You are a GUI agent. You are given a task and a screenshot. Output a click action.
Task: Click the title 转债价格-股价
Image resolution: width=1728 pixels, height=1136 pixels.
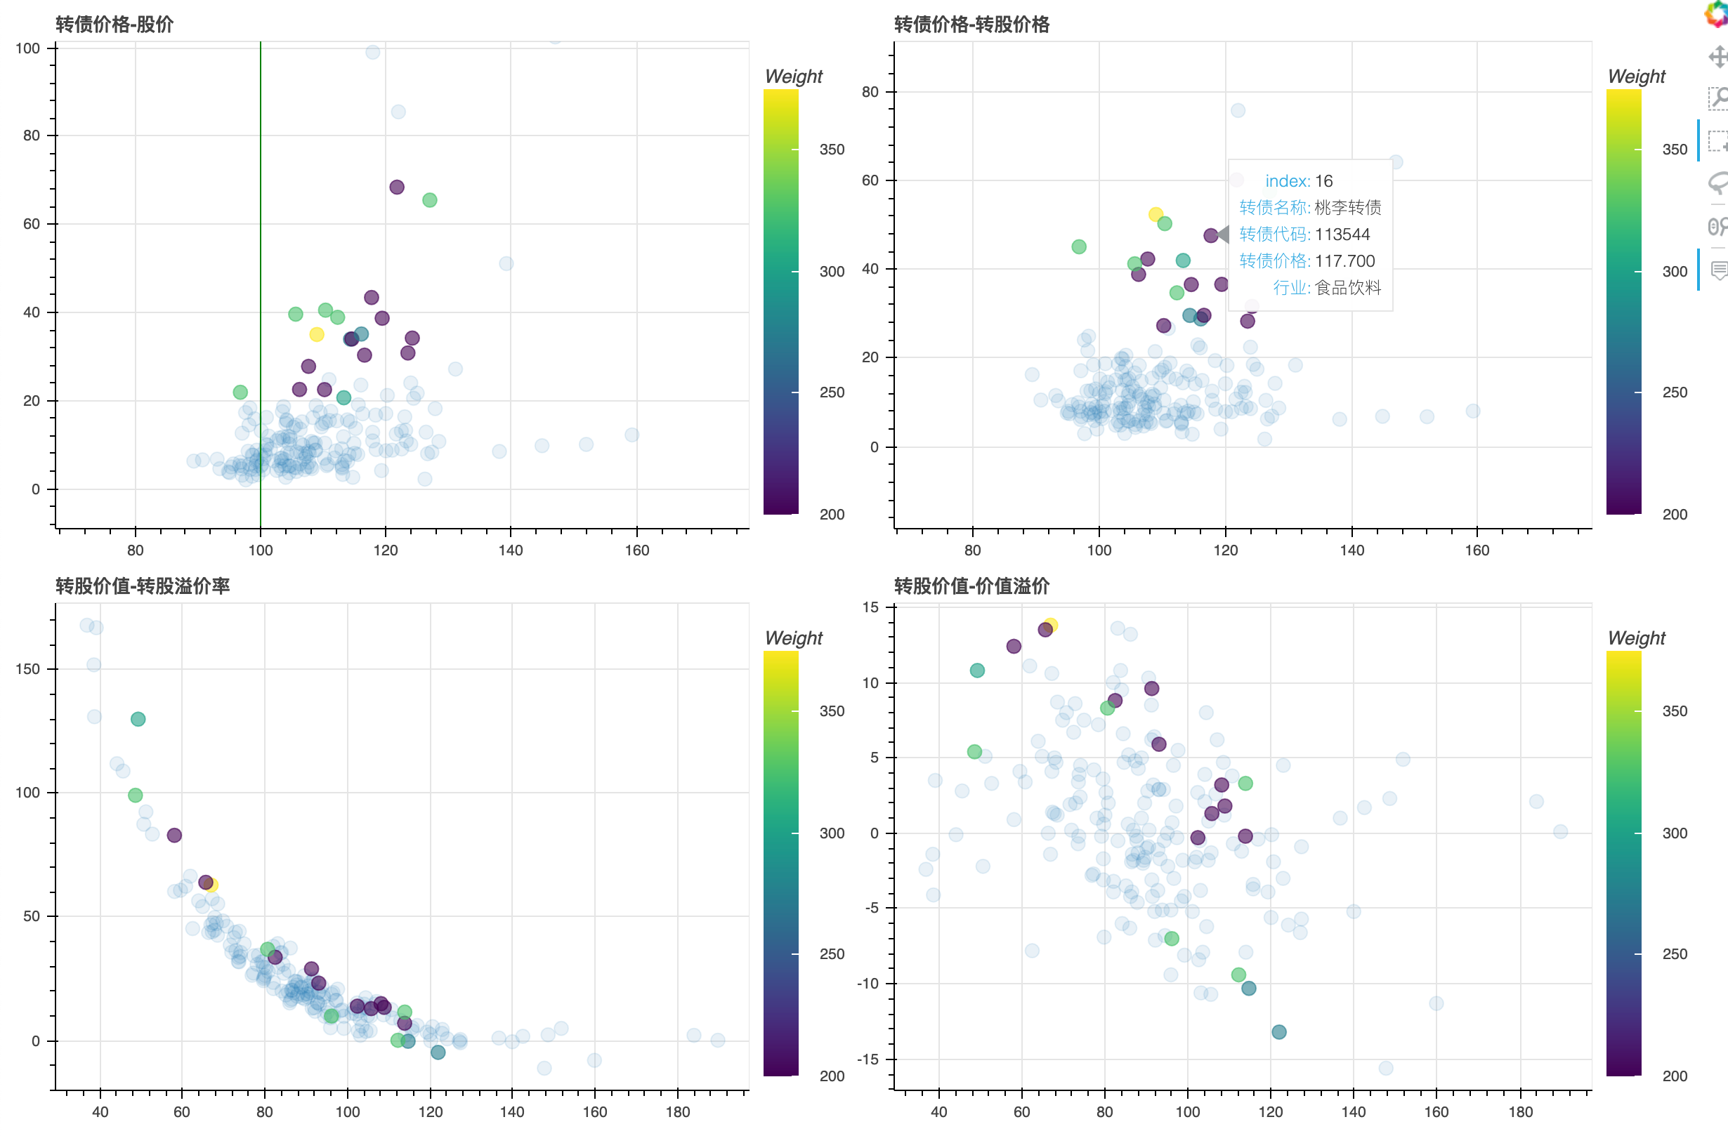pos(114,25)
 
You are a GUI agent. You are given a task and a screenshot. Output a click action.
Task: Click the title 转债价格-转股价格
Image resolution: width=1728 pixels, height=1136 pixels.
pos(971,25)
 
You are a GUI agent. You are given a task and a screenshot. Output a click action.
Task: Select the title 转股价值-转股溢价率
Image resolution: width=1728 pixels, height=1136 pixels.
pos(143,586)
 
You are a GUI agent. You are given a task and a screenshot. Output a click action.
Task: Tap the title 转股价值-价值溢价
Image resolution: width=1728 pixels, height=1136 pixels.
pos(971,586)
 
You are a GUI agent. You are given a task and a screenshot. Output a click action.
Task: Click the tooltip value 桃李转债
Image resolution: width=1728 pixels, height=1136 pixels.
pos(1347,208)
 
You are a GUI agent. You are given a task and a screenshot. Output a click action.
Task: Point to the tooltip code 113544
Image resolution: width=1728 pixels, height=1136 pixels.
pos(1342,235)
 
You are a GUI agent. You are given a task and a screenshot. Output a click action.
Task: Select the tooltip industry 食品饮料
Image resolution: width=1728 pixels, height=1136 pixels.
pos(1347,287)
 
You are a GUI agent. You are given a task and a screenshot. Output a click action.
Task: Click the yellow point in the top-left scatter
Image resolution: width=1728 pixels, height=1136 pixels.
pos(317,335)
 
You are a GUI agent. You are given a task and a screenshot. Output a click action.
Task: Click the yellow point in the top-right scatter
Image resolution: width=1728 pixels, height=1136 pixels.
pos(1155,214)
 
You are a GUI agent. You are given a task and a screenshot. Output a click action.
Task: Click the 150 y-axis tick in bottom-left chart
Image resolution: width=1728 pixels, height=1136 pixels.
pos(27,668)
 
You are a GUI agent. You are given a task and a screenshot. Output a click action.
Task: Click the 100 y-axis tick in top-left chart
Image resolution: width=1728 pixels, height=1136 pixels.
pos(27,48)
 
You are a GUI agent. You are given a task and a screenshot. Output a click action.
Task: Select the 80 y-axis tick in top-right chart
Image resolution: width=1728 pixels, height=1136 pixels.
pos(870,92)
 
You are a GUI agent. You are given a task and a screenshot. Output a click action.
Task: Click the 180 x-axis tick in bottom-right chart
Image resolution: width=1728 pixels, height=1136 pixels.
pos(1520,1111)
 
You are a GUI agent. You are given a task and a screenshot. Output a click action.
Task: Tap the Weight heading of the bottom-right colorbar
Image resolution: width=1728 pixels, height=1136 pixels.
pos(1636,638)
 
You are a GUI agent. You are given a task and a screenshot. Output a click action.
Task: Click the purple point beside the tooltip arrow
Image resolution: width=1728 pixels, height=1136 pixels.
pos(1210,235)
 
